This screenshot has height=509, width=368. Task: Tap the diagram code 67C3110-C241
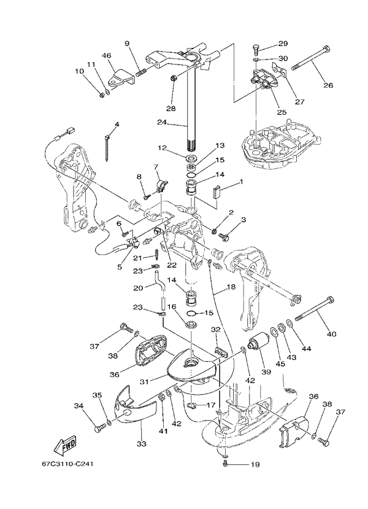click(68, 465)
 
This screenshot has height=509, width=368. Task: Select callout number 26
click(328, 85)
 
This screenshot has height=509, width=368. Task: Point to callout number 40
click(331, 334)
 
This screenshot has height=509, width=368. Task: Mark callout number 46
click(106, 56)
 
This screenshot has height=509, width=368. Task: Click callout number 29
click(283, 44)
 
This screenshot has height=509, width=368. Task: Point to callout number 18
click(231, 286)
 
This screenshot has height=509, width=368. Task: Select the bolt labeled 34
click(100, 428)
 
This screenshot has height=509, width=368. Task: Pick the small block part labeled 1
click(217, 192)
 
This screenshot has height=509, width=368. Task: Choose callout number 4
click(117, 125)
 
